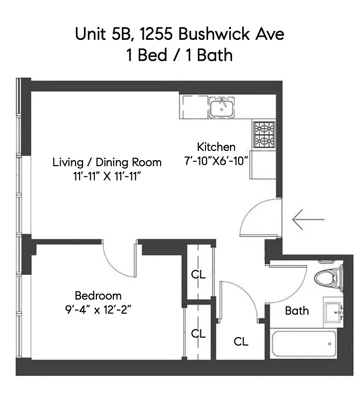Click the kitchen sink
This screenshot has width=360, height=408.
222,107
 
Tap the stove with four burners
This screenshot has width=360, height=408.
264,134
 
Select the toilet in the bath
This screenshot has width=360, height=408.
326,278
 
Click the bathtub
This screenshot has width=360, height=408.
304,344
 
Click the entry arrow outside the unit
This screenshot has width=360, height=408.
308,219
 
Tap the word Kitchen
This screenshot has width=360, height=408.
216,147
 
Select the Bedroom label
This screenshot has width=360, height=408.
98,295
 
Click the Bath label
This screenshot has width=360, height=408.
297,310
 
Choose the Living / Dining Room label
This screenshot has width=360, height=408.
107,162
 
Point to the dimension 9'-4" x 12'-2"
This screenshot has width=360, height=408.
98,309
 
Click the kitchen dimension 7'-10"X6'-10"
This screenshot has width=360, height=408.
216,161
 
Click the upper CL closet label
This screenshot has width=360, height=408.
198,274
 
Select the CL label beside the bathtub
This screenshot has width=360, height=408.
241,342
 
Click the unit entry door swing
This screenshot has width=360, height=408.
255,217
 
